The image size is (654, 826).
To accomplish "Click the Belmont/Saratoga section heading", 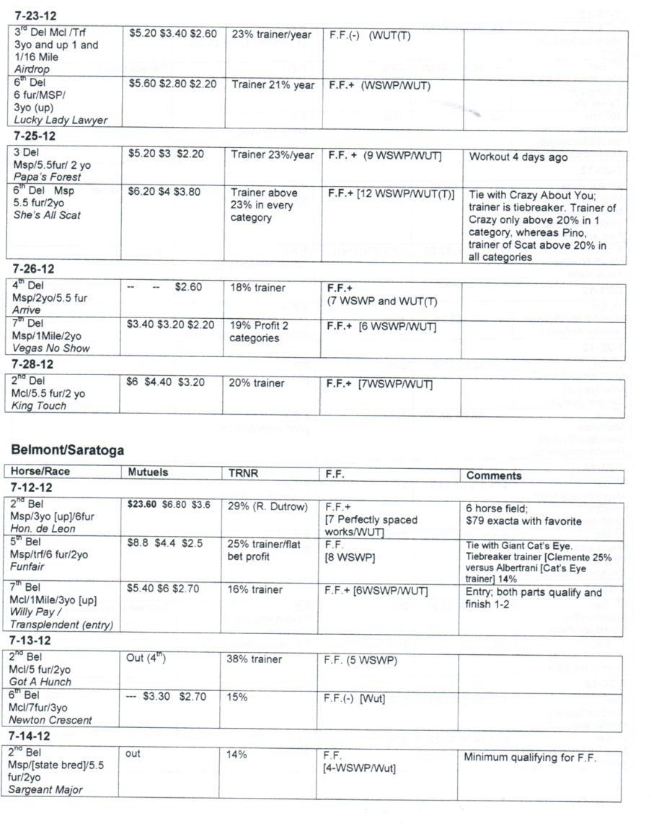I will (67, 450).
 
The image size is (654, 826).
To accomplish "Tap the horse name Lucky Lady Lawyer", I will (61, 120).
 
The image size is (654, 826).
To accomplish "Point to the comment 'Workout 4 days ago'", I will (518, 157).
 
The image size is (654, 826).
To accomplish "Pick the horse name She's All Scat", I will (47, 215).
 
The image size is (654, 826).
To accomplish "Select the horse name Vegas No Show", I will (52, 348).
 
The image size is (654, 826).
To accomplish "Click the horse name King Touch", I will (39, 405).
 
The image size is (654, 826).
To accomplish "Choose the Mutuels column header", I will (148, 475).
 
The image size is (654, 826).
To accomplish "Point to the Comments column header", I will (494, 475).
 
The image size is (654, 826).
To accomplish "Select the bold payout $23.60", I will (142, 505).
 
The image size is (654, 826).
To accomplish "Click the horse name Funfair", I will (29, 567).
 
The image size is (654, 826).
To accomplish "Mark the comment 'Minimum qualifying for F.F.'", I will (529, 757).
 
